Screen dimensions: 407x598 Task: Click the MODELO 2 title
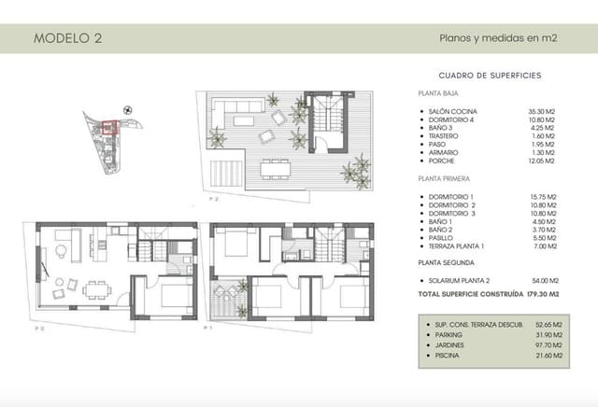tap(67, 38)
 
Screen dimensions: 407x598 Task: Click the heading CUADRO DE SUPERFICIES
tap(491, 75)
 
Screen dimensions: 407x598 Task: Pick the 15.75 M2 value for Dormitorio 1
tap(542, 196)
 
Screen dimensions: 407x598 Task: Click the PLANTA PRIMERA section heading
tap(444, 176)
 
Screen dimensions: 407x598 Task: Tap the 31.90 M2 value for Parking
tap(542, 334)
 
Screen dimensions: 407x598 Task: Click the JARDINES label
tap(449, 344)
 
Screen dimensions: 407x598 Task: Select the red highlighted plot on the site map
tap(108, 128)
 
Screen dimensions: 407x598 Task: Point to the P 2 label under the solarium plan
tap(214, 199)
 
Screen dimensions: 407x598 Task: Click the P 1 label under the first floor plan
tap(210, 329)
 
